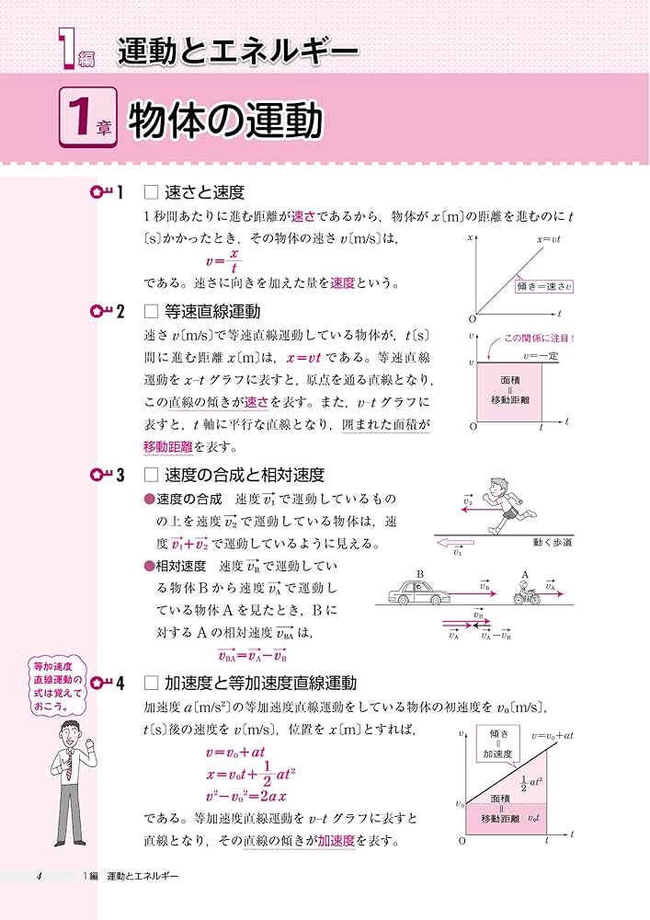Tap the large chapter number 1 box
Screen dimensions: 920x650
coord(89,121)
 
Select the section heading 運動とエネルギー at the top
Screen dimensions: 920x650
coord(237,52)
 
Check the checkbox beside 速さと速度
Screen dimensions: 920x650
coord(153,192)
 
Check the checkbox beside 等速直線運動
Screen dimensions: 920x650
coord(153,312)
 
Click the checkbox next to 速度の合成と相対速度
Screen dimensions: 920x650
coord(153,475)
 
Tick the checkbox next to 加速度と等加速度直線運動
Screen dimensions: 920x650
coord(153,684)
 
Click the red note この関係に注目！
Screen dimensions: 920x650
coord(539,338)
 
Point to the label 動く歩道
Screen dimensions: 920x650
coord(552,543)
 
